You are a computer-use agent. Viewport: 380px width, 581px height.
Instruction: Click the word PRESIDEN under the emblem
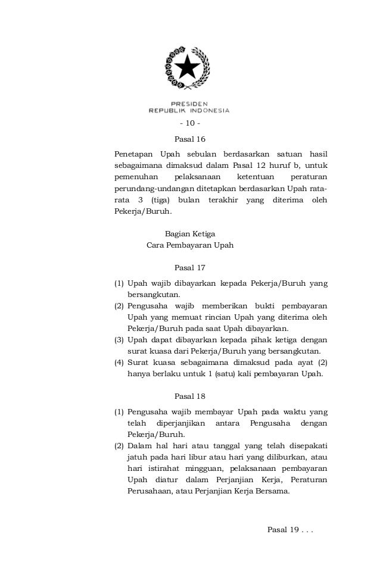[189, 103]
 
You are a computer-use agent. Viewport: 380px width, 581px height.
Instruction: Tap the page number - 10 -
[189, 124]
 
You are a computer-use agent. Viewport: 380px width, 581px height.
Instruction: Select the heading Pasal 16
[189, 139]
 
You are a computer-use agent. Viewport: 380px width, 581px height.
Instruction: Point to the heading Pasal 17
[189, 267]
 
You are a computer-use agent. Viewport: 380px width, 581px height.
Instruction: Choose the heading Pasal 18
[189, 396]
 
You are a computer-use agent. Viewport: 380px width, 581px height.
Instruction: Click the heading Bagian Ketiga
[189, 234]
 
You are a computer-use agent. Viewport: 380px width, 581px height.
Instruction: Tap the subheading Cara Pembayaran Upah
[190, 245]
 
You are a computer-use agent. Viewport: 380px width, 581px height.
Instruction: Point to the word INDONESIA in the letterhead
[209, 110]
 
